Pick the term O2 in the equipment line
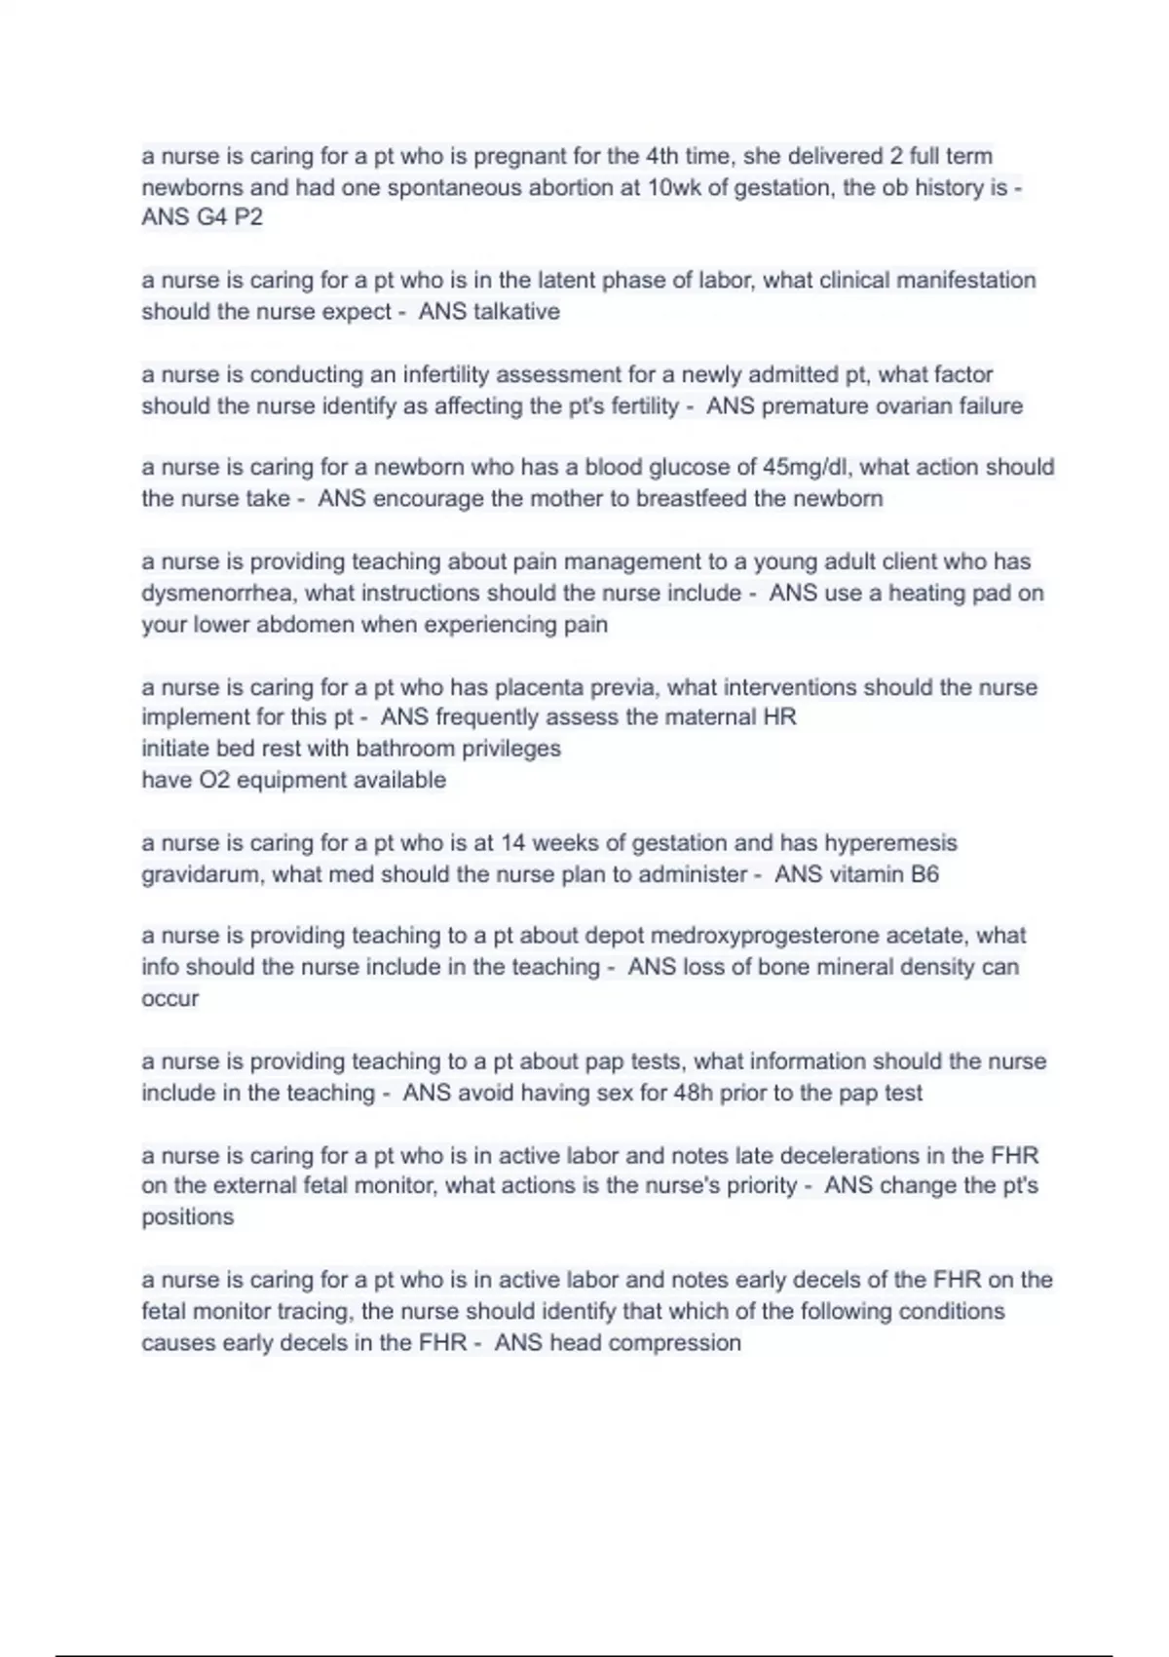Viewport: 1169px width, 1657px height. tap(214, 780)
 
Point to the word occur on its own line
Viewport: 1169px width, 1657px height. tap(170, 999)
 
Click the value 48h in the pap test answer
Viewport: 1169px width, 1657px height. tap(693, 1093)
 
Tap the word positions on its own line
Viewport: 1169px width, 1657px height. tap(187, 1217)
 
